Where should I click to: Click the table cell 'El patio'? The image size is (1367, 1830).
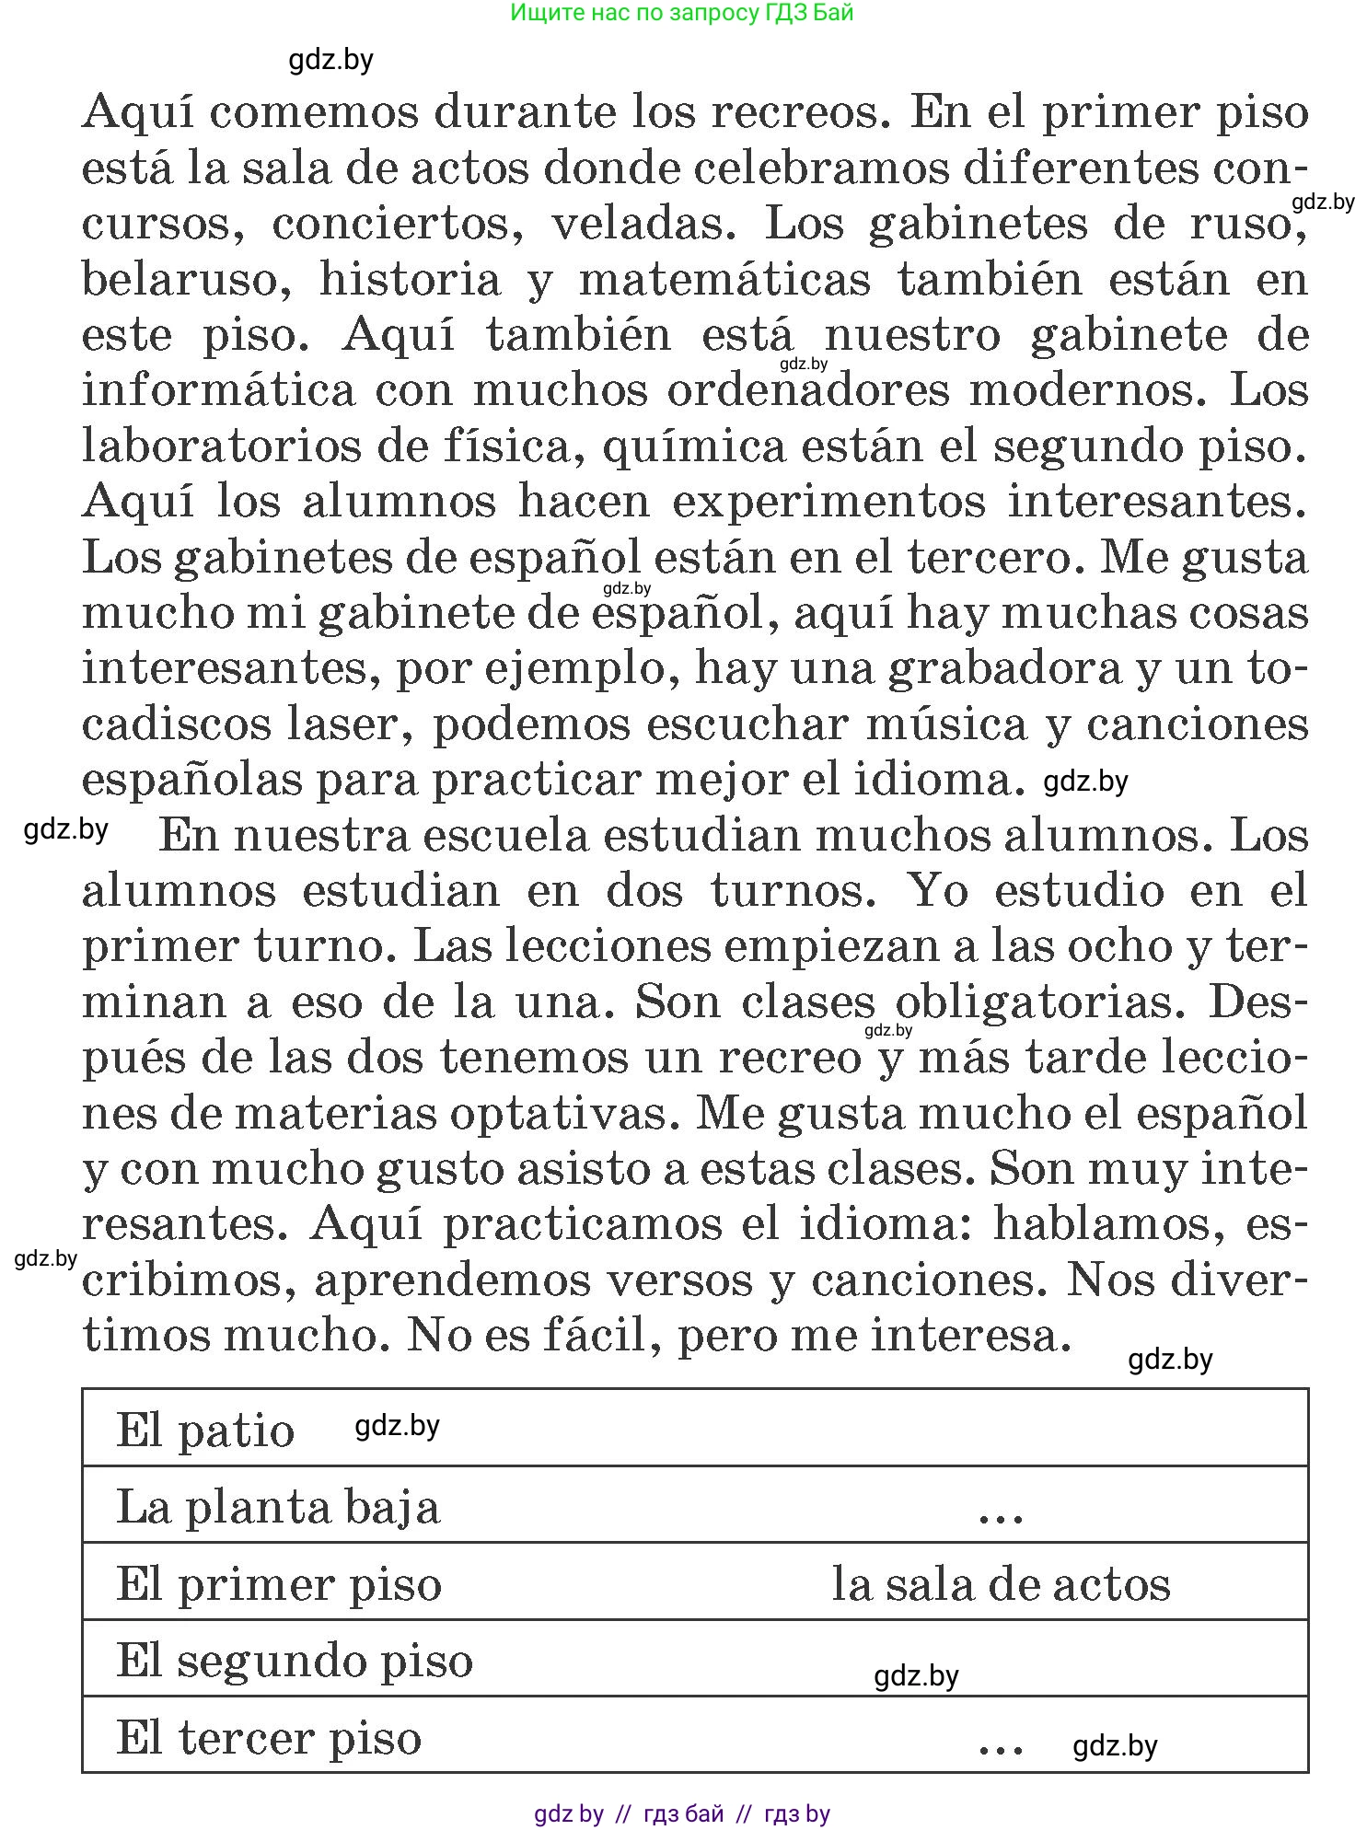click(x=205, y=1430)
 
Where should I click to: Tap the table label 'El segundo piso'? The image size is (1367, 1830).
click(x=295, y=1661)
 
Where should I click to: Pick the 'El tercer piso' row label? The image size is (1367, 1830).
click(x=269, y=1738)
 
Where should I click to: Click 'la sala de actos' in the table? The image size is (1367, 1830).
click(x=1001, y=1584)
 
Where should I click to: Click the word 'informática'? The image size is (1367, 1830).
click(x=219, y=390)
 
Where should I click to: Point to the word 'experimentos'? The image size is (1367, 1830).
click(x=828, y=502)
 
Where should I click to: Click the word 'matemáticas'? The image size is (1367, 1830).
click(x=724, y=280)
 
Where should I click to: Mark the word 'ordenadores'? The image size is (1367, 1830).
click(x=807, y=390)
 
